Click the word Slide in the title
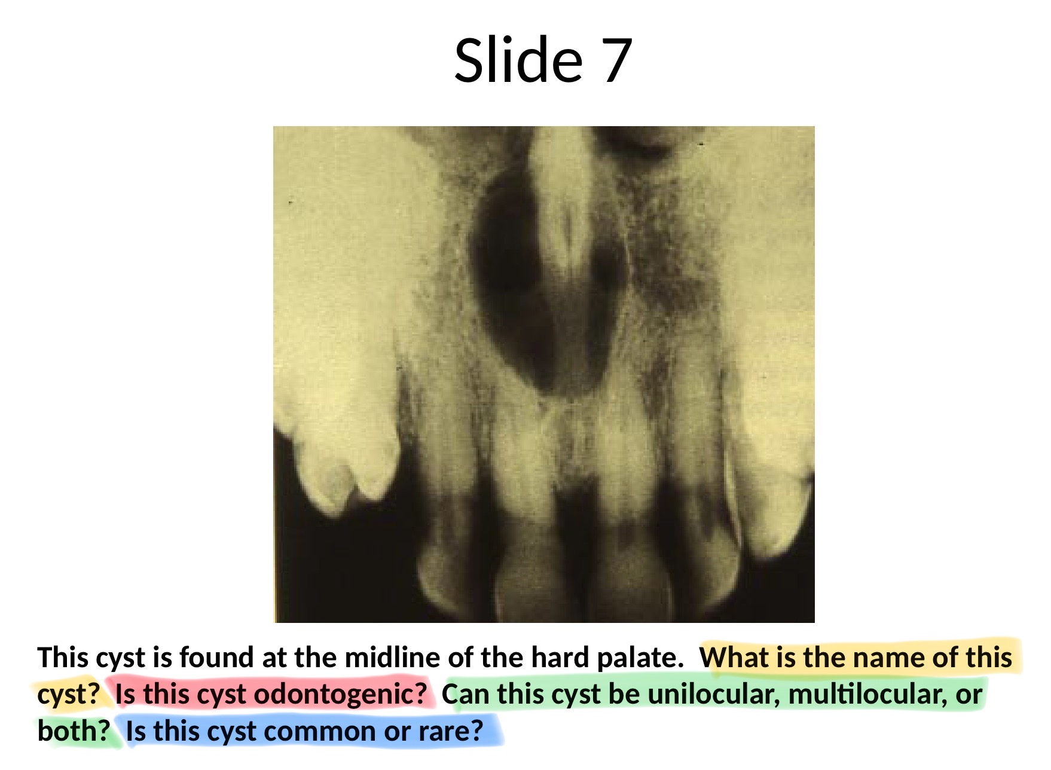(518, 60)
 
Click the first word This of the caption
(63, 657)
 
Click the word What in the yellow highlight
(733, 657)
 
